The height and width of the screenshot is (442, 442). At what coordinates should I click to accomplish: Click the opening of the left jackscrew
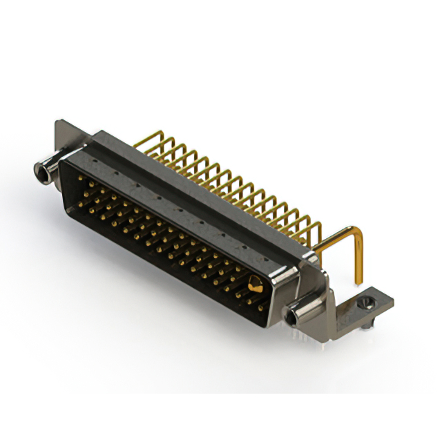pos(39,169)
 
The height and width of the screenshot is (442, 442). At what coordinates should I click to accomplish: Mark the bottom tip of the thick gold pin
pos(358,282)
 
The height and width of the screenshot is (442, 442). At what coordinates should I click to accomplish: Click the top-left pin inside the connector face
pos(81,178)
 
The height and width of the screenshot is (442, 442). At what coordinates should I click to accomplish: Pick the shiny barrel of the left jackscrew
pos(50,169)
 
